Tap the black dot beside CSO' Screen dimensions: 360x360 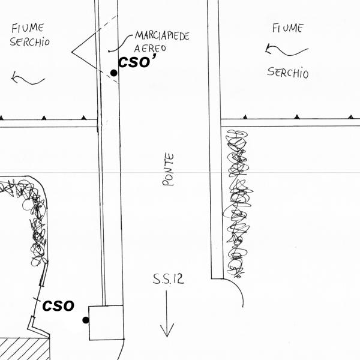coord(113,73)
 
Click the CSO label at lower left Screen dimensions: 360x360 coord(58,305)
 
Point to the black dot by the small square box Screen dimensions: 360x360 coord(86,320)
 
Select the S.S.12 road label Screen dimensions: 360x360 coord(167,279)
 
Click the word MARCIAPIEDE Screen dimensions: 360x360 coord(162,36)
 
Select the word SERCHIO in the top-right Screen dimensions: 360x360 coord(288,73)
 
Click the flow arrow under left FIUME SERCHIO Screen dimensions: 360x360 coord(27,77)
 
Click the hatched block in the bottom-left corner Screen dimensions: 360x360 coord(24,349)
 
